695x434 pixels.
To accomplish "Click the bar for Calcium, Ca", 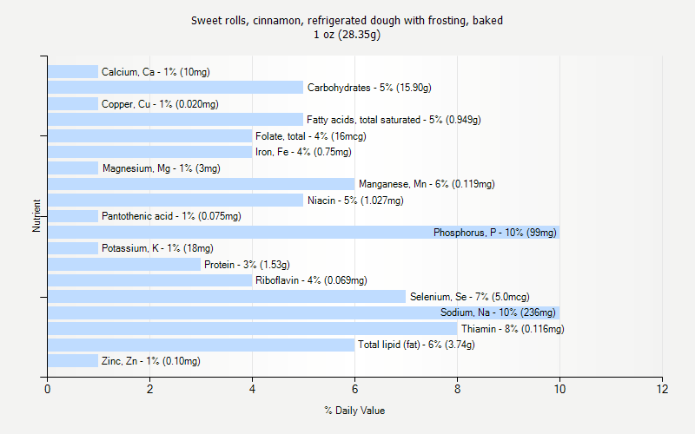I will coord(73,71).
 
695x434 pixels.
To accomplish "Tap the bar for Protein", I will coord(124,264).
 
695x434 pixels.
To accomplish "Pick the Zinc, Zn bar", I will coord(73,361).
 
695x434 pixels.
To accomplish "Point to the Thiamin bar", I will coord(252,329).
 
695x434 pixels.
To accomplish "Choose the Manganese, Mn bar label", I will coord(427,184).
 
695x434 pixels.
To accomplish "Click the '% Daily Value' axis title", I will coord(354,411).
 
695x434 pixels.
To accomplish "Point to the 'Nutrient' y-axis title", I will coord(36,216).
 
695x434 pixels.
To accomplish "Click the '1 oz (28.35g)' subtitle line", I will coord(347,35).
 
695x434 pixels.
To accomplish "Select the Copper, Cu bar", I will coord(73,103).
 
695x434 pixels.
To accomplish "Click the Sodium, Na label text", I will coord(498,312).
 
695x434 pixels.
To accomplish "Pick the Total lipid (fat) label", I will coord(416,345).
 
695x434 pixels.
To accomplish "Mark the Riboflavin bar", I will coord(149,280).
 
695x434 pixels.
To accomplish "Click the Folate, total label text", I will coord(310,136).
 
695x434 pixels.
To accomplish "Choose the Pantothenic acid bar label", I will coord(171,216).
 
